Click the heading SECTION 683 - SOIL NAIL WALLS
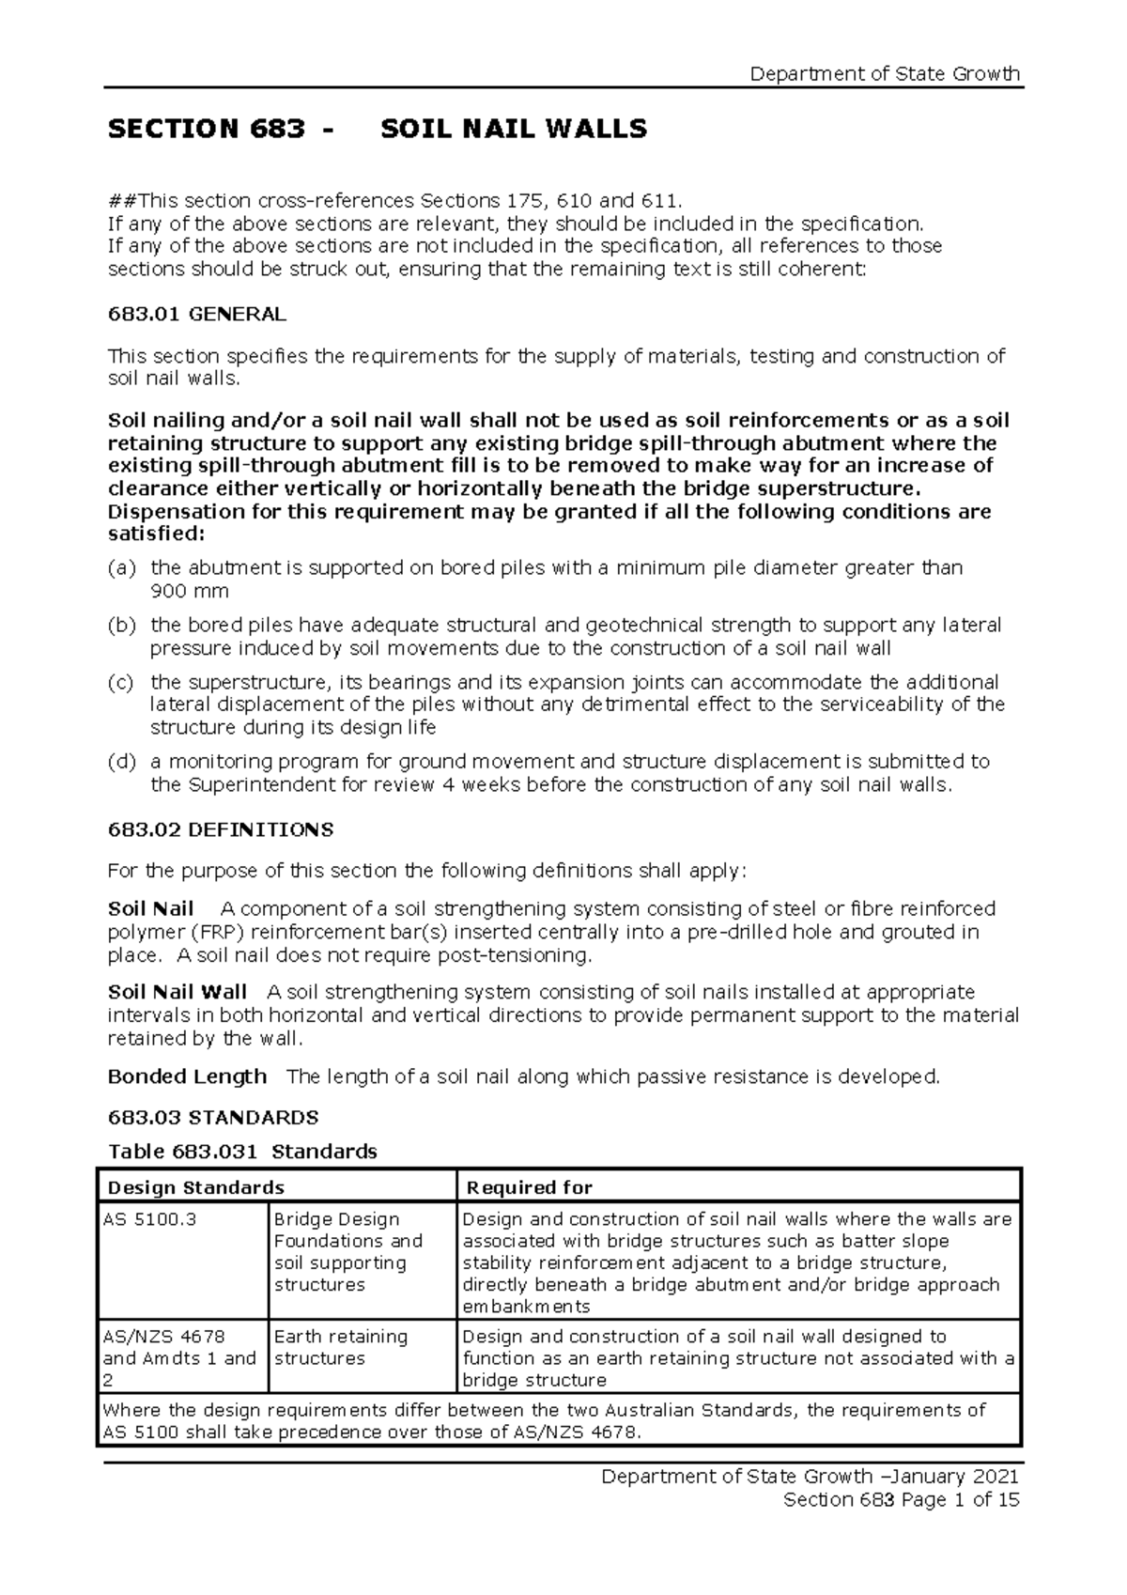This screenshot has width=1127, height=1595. [x=378, y=129]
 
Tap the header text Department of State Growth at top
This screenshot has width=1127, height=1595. [x=886, y=74]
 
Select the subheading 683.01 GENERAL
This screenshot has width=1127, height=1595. [x=197, y=315]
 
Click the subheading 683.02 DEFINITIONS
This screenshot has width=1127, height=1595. [x=221, y=830]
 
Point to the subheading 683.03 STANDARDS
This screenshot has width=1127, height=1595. [x=213, y=1118]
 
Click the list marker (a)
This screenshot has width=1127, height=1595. [x=122, y=568]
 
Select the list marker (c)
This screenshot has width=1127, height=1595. [x=122, y=682]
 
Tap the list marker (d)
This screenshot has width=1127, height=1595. [x=122, y=762]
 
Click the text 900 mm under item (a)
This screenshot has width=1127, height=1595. [x=190, y=592]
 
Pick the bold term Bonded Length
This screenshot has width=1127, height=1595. [x=187, y=1076]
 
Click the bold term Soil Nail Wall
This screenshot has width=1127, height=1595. [x=178, y=993]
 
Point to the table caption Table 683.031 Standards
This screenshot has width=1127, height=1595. [x=242, y=1152]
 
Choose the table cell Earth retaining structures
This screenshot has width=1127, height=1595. [x=340, y=1347]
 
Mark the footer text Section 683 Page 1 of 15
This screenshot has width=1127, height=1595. [x=901, y=1500]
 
